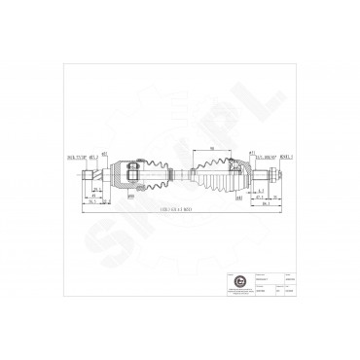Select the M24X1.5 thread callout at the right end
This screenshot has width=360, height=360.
pyautogui.click(x=286, y=153)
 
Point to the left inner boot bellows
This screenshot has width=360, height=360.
pyautogui.click(x=147, y=176)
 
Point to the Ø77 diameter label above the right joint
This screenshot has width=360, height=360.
pyautogui.click(x=250, y=153)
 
